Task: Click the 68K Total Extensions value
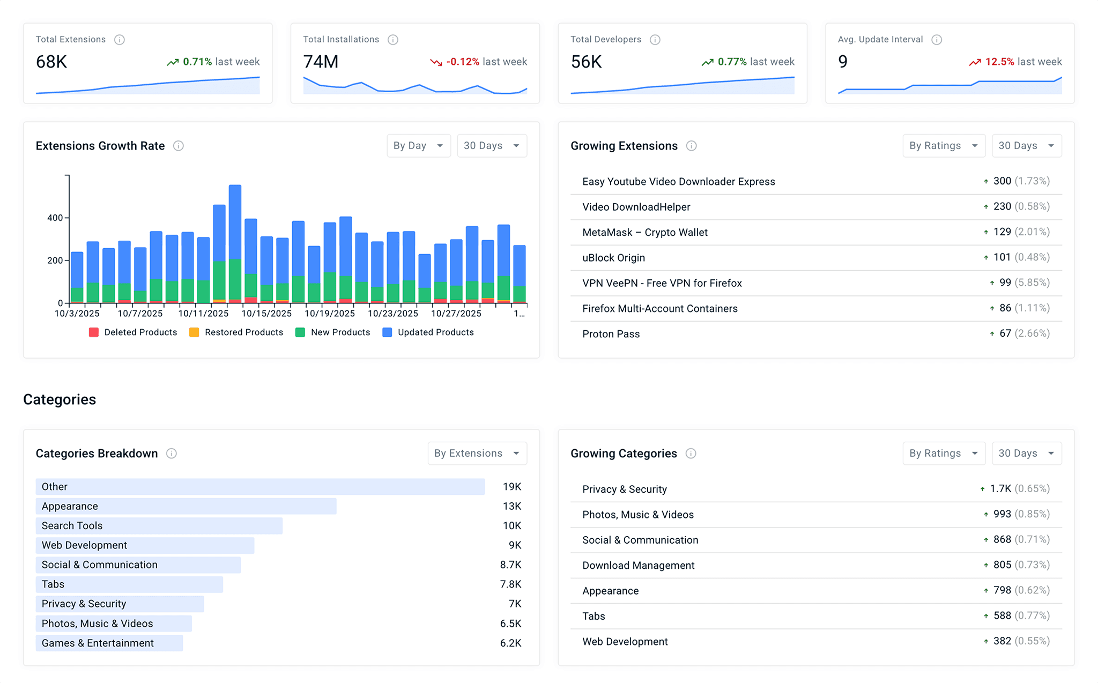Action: (x=51, y=62)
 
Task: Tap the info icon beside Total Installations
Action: (x=393, y=40)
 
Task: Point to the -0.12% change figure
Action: (x=462, y=62)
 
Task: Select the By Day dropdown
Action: (x=418, y=146)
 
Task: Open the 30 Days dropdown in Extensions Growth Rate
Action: (x=492, y=146)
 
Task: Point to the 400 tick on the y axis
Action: (x=55, y=218)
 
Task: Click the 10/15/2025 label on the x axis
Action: (x=266, y=313)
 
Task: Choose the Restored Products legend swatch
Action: (x=194, y=332)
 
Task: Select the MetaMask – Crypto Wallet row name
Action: (x=645, y=232)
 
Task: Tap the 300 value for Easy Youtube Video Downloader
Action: (x=1001, y=181)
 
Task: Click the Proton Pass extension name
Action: (x=611, y=334)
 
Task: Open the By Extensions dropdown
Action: (x=477, y=454)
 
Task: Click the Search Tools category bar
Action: (x=159, y=526)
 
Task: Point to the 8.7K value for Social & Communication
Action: (x=510, y=565)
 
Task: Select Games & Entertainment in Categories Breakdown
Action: (x=98, y=643)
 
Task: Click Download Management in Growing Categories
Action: (x=638, y=565)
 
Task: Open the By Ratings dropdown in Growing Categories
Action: (x=943, y=454)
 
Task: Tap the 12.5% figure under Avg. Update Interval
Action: (x=999, y=62)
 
